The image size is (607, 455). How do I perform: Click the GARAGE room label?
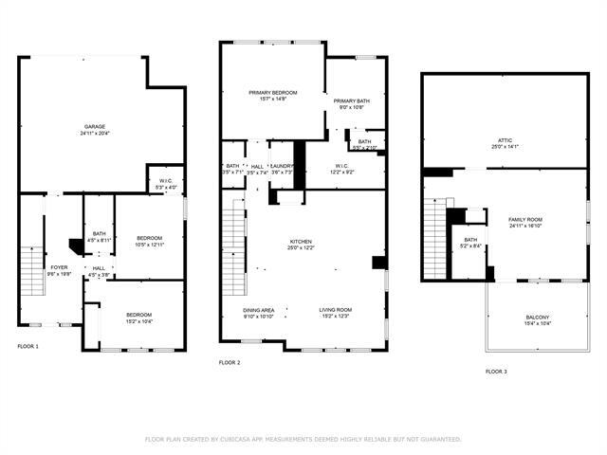(x=95, y=126)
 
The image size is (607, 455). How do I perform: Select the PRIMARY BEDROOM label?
(x=273, y=92)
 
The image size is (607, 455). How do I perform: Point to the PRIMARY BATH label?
(x=351, y=100)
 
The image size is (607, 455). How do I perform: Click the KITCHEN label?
(x=300, y=242)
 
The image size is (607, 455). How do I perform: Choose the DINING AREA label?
(x=259, y=310)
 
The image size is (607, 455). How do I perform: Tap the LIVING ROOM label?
(x=335, y=310)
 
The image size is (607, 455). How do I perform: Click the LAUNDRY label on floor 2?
(x=282, y=166)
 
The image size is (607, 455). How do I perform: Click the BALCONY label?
(x=537, y=318)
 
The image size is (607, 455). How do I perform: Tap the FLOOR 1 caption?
(x=28, y=347)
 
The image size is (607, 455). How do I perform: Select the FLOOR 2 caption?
(x=230, y=362)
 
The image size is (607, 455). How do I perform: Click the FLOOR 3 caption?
(x=496, y=372)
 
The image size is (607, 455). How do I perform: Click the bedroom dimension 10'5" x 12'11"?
(x=149, y=245)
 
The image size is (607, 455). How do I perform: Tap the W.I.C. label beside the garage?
(x=166, y=181)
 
